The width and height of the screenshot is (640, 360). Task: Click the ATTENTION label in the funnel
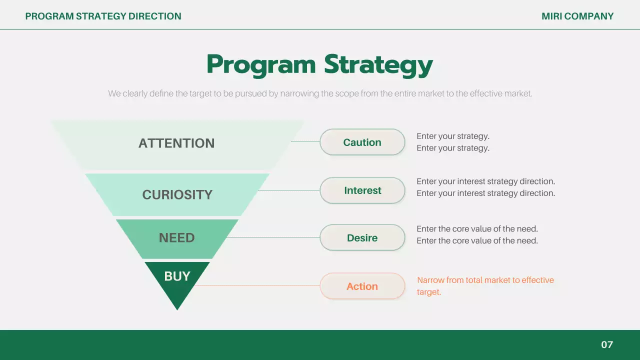[x=176, y=143]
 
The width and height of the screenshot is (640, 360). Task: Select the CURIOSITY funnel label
[x=177, y=194]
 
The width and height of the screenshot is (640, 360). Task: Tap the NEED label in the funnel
[x=177, y=237]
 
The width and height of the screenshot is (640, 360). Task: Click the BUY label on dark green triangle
[x=177, y=276]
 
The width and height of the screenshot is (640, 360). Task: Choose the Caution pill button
[x=362, y=142]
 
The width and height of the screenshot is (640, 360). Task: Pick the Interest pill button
[x=362, y=190]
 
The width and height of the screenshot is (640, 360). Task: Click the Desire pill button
[x=362, y=237]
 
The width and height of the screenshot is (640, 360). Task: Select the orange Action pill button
[x=362, y=286]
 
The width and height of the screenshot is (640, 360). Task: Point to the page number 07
[x=607, y=344]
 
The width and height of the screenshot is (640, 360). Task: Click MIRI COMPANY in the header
[x=577, y=16]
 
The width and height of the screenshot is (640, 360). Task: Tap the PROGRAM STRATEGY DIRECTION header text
[x=103, y=16]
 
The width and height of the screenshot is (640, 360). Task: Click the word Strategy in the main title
[x=378, y=65]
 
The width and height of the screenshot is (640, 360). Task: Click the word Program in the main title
[x=261, y=65]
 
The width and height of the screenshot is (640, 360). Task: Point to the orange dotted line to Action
[x=257, y=285]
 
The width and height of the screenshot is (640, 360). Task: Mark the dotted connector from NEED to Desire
[x=273, y=237]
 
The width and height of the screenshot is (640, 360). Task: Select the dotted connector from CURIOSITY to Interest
[x=289, y=190]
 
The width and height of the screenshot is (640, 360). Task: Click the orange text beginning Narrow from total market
[x=485, y=286]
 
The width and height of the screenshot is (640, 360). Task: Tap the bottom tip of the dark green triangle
[x=177, y=310]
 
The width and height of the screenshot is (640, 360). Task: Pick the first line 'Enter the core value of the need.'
[x=477, y=229]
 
